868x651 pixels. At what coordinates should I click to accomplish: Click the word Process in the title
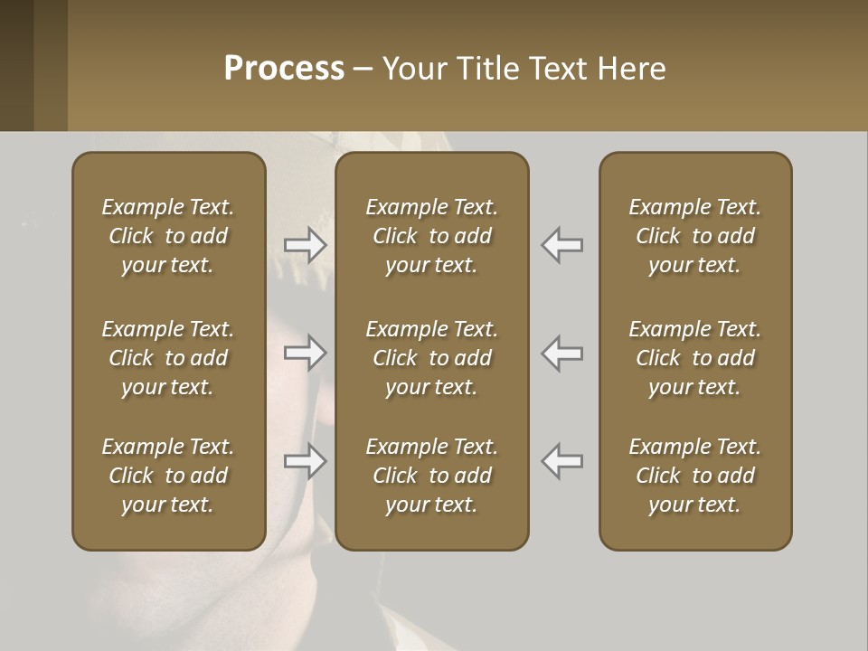(284, 69)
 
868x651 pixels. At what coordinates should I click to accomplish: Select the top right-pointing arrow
(306, 244)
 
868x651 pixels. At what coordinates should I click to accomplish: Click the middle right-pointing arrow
(306, 353)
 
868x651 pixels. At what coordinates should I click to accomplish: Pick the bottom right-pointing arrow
(306, 461)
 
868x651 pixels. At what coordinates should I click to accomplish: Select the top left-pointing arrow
(562, 244)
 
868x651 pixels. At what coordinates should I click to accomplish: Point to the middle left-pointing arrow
(562, 353)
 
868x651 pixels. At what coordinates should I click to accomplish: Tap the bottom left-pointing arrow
(562, 461)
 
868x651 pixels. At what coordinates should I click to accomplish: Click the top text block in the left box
(168, 236)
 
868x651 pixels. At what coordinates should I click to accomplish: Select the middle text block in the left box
(168, 358)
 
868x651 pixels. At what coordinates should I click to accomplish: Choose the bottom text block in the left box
(168, 476)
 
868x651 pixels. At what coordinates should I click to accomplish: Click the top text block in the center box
(432, 236)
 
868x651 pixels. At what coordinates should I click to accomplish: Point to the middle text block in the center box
(432, 358)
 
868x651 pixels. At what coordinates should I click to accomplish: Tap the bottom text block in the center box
(432, 476)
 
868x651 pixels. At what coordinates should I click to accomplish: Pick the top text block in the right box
(695, 236)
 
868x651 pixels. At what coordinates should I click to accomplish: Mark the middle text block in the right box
(695, 358)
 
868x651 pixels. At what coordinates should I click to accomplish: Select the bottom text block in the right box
(695, 476)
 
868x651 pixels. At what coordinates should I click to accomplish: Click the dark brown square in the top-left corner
(16, 65)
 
